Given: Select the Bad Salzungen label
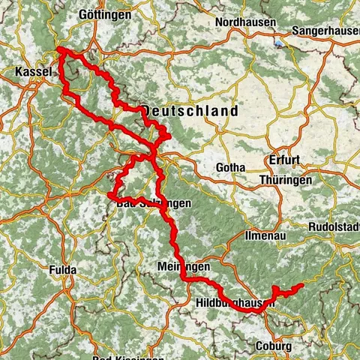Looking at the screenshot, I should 155,203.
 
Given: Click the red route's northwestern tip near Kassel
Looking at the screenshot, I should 58,50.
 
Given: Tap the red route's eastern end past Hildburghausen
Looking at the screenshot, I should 301,285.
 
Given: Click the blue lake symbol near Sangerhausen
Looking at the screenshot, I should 280,43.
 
